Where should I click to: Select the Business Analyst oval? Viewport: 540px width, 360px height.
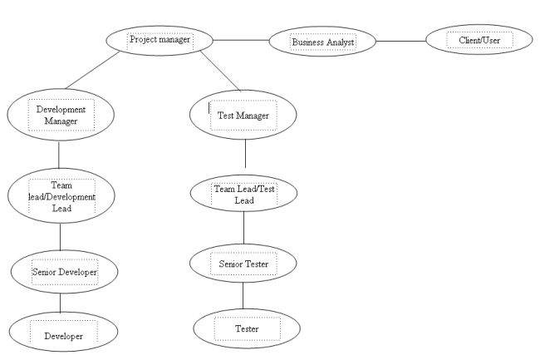pyautogui.click(x=323, y=41)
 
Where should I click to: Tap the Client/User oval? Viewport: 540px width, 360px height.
pyautogui.click(x=479, y=39)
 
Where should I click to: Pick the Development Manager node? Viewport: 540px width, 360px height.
pyautogui.click(x=58, y=115)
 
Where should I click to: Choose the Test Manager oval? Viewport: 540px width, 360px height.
pyautogui.click(x=243, y=116)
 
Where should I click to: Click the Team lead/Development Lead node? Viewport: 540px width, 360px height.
pyautogui.click(x=61, y=196)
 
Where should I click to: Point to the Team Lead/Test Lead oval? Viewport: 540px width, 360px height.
pyautogui.click(x=243, y=195)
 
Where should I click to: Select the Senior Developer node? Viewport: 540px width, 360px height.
pyautogui.click(x=64, y=271)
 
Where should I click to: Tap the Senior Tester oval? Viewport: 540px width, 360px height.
pyautogui.click(x=243, y=264)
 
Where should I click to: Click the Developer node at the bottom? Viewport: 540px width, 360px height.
pyautogui.click(x=63, y=335)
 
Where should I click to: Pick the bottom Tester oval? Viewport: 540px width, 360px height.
pyautogui.click(x=246, y=329)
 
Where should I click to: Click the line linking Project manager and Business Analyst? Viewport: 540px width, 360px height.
pyautogui.click(x=241, y=39)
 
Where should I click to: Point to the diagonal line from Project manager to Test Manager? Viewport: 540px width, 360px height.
pyautogui.click(x=218, y=72)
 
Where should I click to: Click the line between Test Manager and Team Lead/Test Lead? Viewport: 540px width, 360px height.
pyautogui.click(x=245, y=155)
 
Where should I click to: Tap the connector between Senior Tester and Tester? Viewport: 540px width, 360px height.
pyautogui.click(x=243, y=295)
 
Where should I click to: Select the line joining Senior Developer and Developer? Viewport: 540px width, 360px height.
pyautogui.click(x=61, y=303)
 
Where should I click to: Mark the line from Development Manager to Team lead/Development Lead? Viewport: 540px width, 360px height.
pyautogui.click(x=59, y=155)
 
